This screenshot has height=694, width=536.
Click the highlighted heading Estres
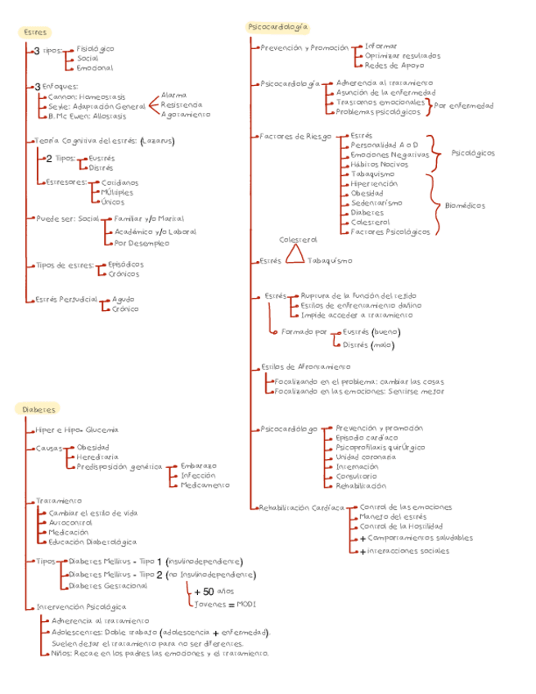[x=34, y=32]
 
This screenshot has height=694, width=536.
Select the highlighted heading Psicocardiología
[x=278, y=27]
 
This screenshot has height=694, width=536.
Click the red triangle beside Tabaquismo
[x=294, y=257]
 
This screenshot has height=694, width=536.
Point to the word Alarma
[x=173, y=95]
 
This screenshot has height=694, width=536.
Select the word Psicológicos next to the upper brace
[x=473, y=153]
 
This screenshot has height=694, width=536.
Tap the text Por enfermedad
[x=464, y=106]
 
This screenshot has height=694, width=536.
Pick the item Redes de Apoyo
[x=394, y=65]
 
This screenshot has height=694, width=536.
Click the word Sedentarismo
[x=376, y=202]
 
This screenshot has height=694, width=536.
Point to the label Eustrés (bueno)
[x=371, y=332]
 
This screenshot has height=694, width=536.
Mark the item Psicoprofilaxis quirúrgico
[x=380, y=448]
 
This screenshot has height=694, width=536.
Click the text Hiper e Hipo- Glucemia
[x=77, y=430]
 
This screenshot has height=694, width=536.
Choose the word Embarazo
[x=199, y=466]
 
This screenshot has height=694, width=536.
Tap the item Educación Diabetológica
[x=92, y=542]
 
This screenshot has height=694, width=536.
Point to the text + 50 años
[x=214, y=591]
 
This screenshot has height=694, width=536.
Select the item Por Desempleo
[x=142, y=243]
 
